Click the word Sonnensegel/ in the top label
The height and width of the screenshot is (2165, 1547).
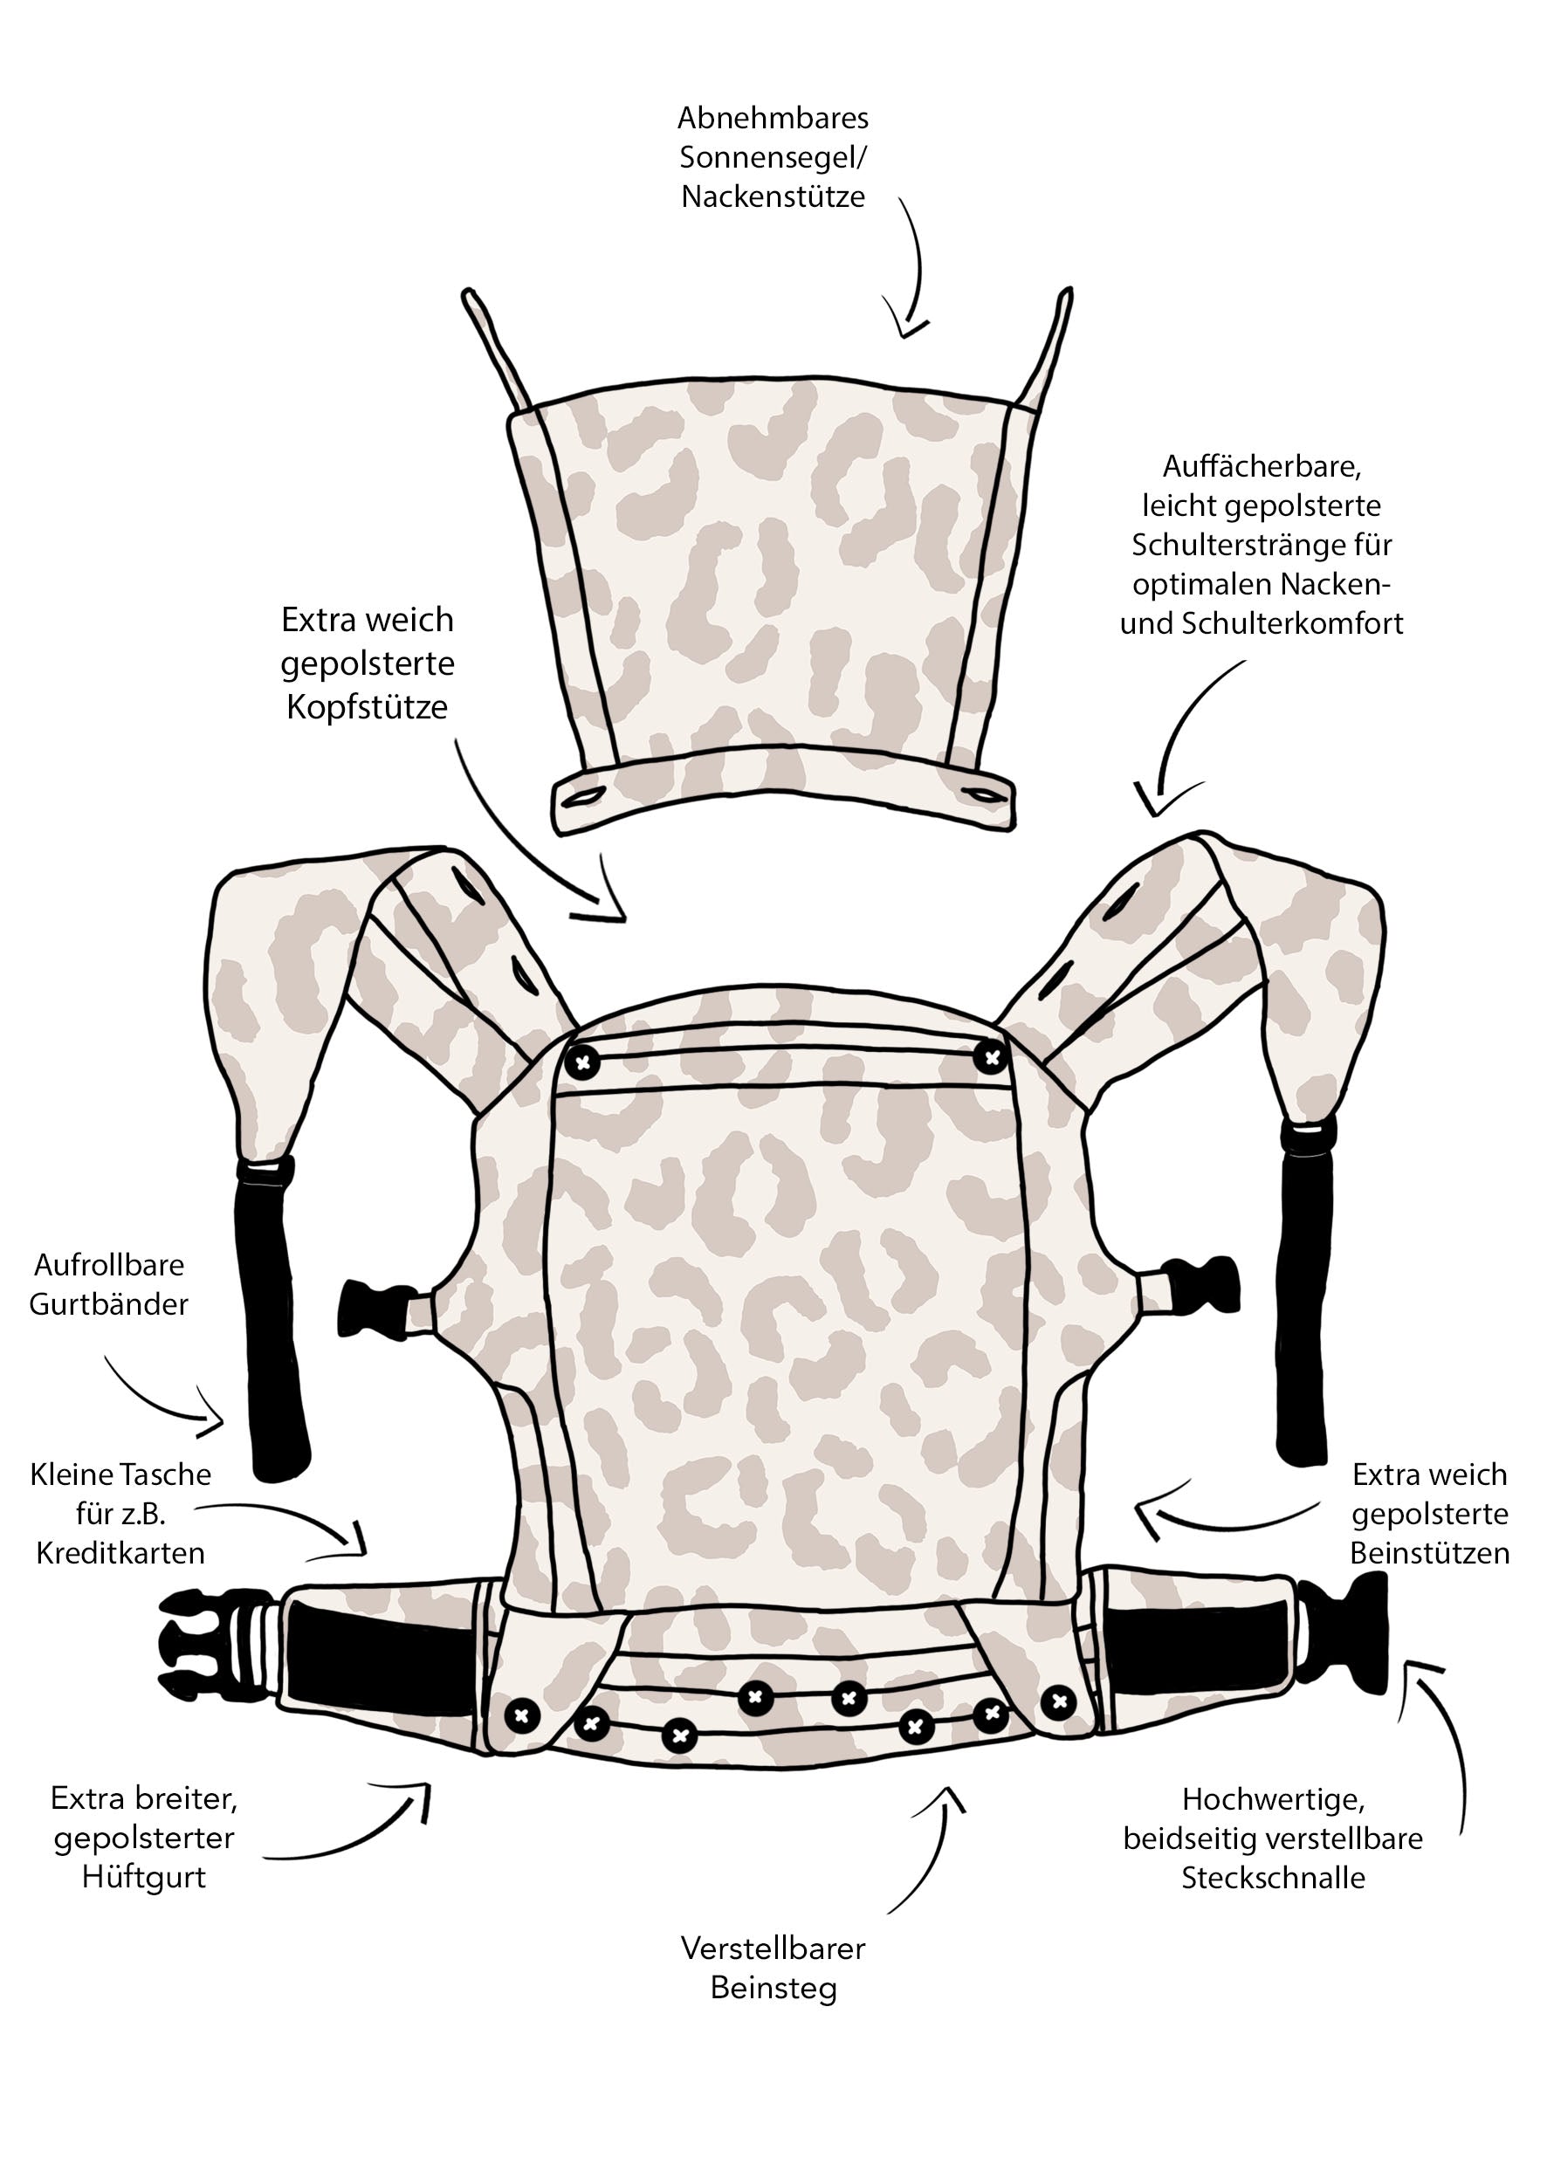(x=773, y=157)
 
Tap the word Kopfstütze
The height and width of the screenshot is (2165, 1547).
(x=367, y=707)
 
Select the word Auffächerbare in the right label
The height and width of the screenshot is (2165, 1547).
(x=1263, y=467)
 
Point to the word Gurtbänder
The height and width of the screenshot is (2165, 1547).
(x=108, y=1304)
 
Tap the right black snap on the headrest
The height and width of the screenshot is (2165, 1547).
(x=992, y=1056)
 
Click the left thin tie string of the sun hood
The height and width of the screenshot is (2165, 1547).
(x=495, y=347)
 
